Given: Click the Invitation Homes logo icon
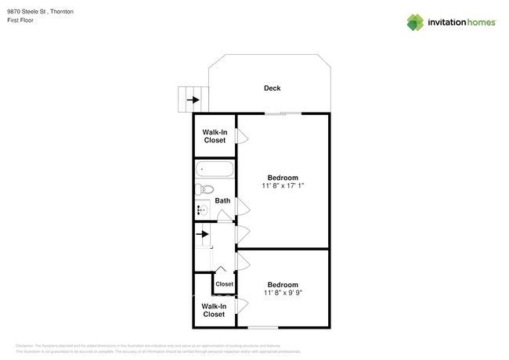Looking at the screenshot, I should coord(415,23).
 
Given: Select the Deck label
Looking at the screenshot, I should coord(272,88).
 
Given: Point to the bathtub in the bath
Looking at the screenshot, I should coord(214,169).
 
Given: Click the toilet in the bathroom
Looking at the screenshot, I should coord(205,189).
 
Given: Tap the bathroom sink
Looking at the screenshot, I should coord(201,210).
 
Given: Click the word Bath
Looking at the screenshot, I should coord(222,201).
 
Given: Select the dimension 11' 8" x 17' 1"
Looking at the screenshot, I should coord(282,186).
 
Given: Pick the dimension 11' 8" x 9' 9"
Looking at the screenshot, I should coord(282,293).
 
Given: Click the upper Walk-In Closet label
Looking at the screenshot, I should coord(215,136).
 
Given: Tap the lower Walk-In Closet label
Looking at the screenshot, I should coord(214,310).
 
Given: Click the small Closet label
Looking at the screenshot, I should coord(225,284).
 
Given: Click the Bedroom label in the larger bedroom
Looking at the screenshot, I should coord(282,178).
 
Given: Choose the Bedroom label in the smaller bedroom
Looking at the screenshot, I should coord(282,285).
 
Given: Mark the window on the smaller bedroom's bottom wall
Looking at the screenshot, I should coord(264,326).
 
